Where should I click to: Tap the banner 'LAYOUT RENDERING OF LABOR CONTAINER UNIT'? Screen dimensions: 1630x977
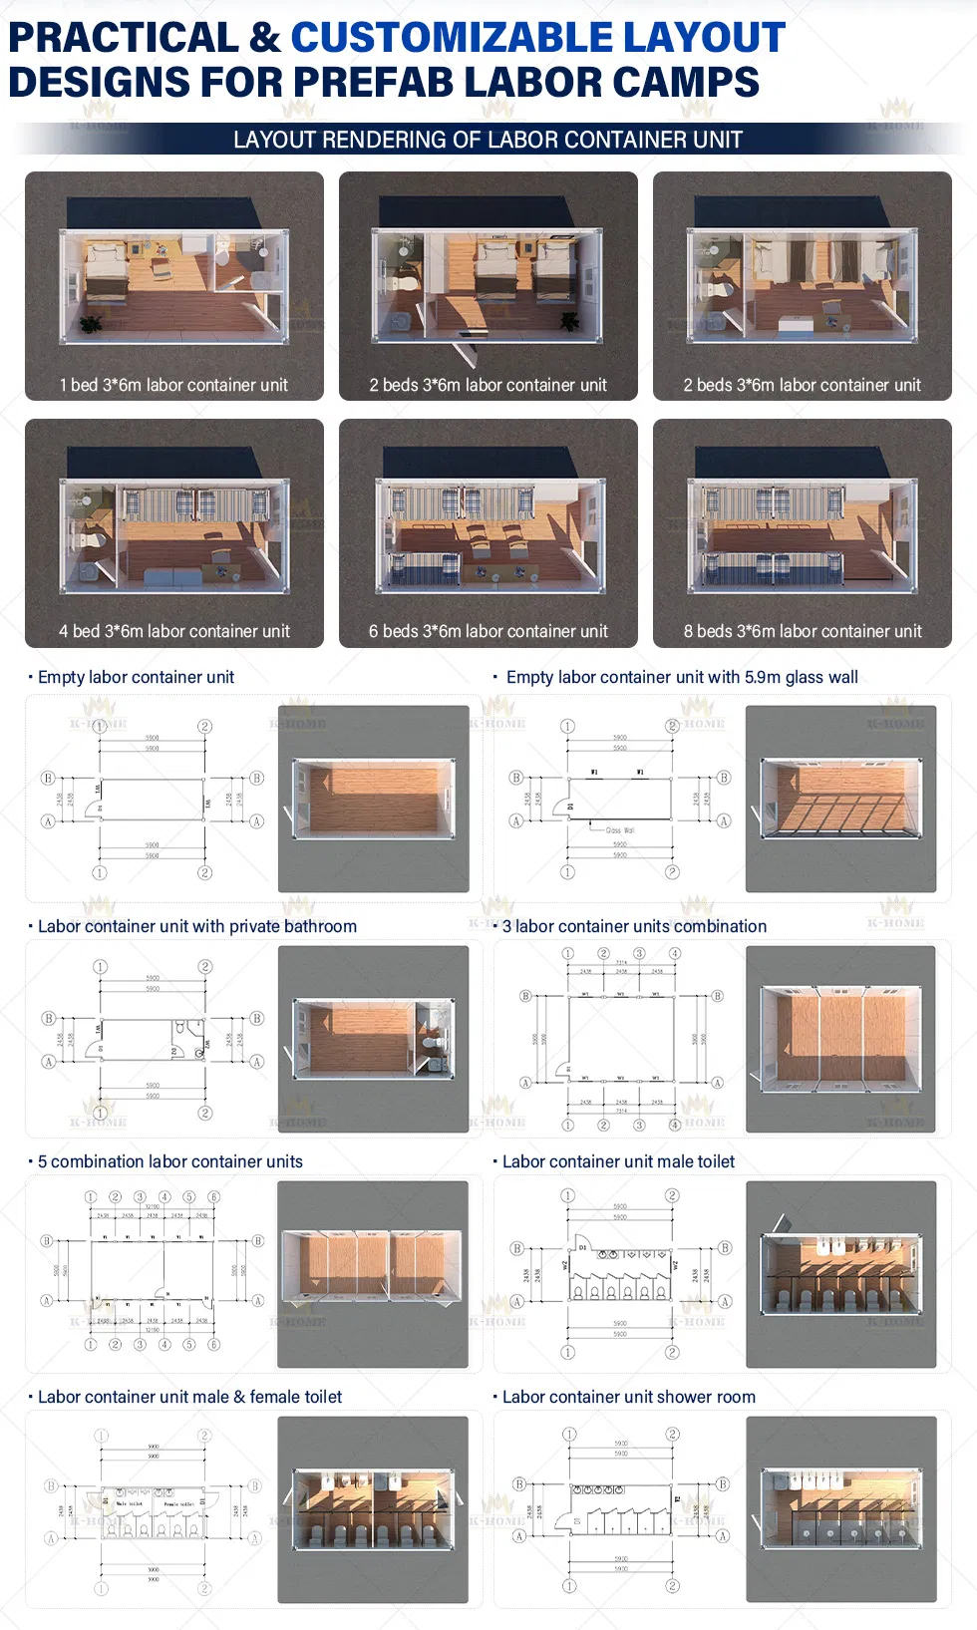coord(488,140)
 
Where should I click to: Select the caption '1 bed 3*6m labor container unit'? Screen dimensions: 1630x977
coord(173,385)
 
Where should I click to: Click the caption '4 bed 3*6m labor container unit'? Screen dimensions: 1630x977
coord(173,631)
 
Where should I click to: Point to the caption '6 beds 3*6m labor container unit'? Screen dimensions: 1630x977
coord(488,631)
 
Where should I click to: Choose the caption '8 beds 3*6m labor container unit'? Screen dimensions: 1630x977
coord(802,631)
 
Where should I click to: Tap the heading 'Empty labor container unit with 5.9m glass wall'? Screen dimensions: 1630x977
coord(682,677)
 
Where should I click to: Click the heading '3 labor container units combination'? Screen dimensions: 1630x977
coord(634,926)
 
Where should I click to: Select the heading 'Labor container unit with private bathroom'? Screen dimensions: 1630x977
coord(196,926)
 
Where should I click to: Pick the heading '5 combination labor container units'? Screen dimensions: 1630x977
coord(169,1161)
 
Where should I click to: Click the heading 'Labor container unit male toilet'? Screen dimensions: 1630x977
coord(618,1161)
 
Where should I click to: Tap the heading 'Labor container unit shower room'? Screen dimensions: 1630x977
coord(628,1397)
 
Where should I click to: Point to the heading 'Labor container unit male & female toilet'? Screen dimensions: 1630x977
coord(189,1397)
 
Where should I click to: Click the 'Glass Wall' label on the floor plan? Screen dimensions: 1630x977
coord(620,829)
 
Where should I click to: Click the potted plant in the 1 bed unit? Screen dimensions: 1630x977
coord(91,323)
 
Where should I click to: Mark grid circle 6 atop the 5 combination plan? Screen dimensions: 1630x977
coord(213,1196)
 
